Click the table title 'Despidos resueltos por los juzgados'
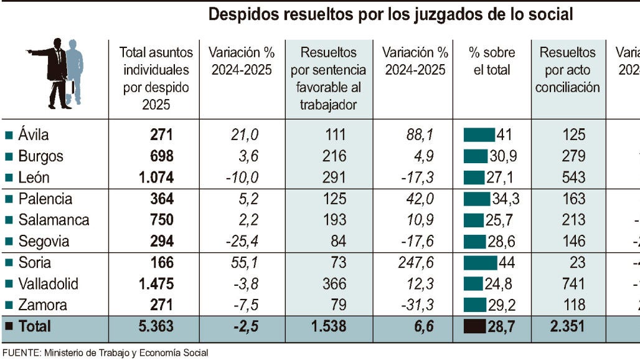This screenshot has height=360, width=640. (390, 14)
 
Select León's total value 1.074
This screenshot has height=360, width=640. (156, 178)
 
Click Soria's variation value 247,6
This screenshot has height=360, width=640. (415, 263)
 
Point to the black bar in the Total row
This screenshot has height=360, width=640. (474, 326)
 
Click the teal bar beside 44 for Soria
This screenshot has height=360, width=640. (479, 263)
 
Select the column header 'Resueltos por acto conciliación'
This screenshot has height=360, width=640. (568, 70)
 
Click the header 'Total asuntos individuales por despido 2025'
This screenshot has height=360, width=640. (156, 78)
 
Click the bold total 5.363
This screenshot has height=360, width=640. (156, 326)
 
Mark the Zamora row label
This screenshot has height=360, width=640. (43, 305)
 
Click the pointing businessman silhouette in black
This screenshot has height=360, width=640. (55, 72)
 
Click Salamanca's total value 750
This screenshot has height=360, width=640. (161, 220)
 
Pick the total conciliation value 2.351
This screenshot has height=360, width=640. (568, 326)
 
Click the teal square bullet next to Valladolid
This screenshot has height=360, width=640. (9, 285)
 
